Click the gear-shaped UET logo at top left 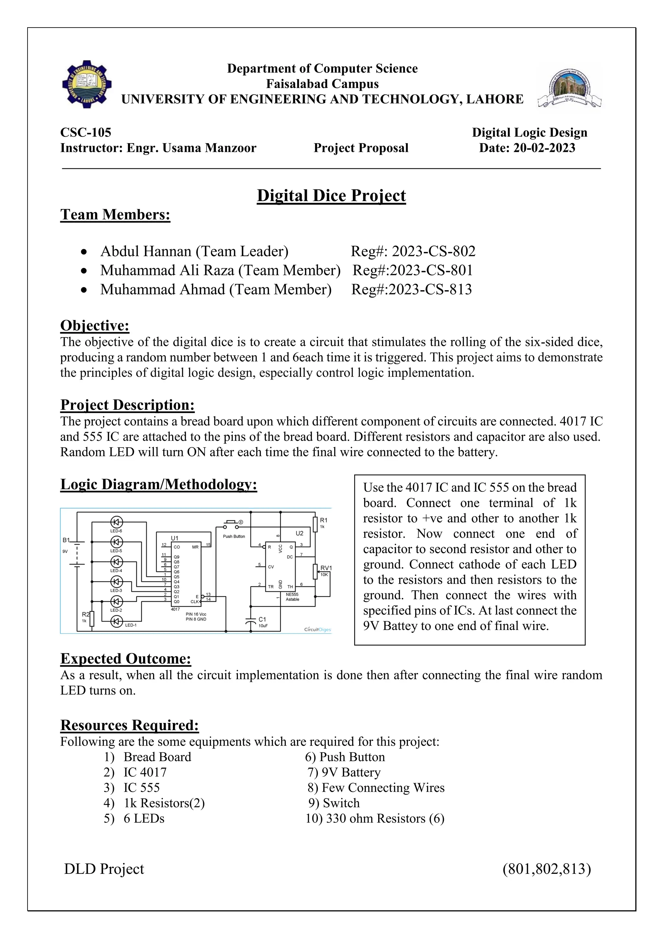coord(86,86)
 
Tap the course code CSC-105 coord(86,132)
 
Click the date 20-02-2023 coord(544,148)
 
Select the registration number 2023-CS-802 coord(433,251)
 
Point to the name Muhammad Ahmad coord(163,290)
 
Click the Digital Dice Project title coord(331,196)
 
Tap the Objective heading coord(95,326)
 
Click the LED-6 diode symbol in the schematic coord(117,522)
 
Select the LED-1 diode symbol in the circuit coord(117,621)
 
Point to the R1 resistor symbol coord(315,524)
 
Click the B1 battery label coord(66,540)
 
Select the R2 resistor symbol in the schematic coord(92,619)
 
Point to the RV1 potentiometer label coord(326,568)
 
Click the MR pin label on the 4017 coord(195,547)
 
